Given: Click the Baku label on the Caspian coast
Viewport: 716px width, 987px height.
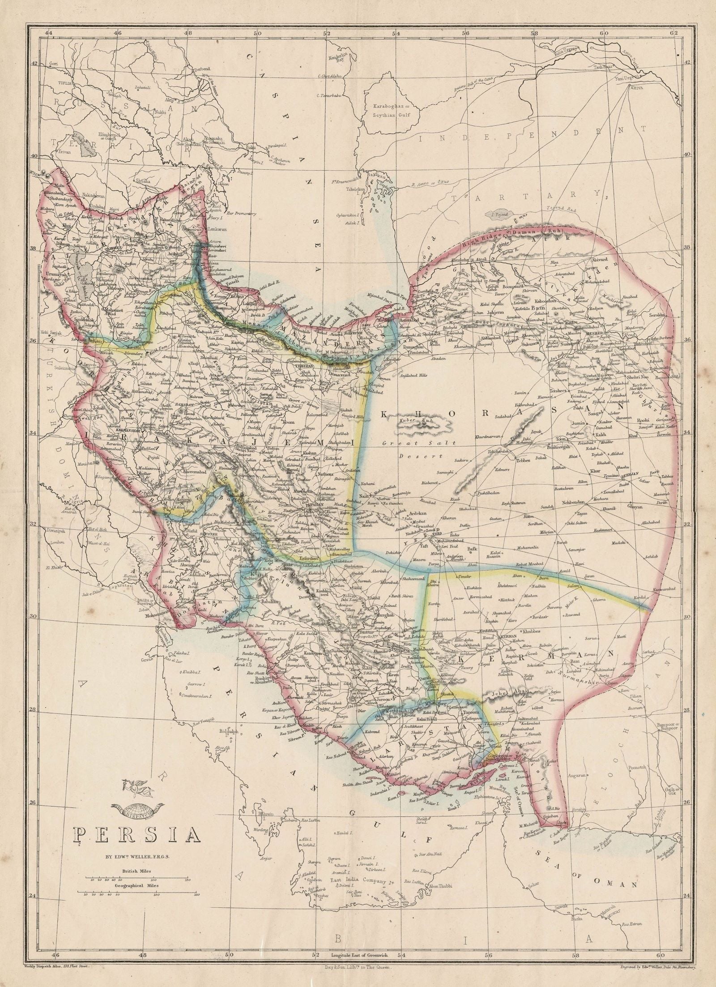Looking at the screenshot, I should point(254,146).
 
